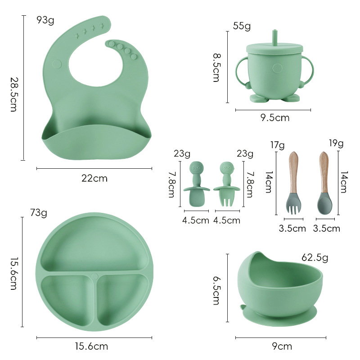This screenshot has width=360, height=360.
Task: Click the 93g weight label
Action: click(x=45, y=20)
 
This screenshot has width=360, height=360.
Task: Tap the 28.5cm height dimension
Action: click(x=13, y=94)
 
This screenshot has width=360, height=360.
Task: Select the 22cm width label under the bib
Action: click(x=94, y=178)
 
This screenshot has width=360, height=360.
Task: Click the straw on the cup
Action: click(x=274, y=37)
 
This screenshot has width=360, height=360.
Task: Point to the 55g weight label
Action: click(x=242, y=26)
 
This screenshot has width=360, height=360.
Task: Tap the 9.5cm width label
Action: click(x=275, y=118)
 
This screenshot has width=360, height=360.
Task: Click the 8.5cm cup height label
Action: click(x=216, y=67)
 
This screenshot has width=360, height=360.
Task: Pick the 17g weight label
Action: click(x=277, y=145)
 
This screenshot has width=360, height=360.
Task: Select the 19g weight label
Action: click(x=336, y=143)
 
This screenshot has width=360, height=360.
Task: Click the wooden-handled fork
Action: click(x=293, y=183)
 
